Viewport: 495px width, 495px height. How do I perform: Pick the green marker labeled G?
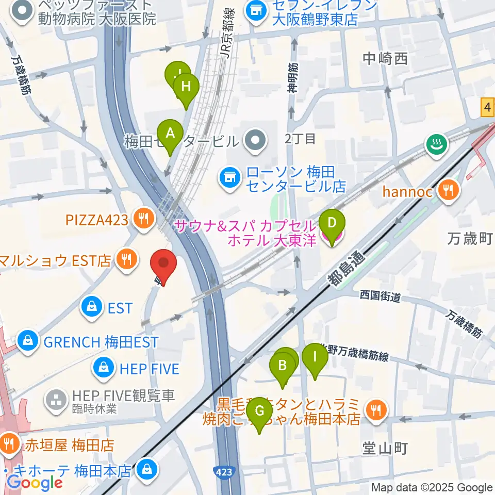(x=259, y=411)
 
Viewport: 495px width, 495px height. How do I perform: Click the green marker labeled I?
(x=315, y=356)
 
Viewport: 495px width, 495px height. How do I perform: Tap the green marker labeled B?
(x=283, y=366)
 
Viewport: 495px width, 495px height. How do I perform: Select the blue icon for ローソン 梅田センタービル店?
(x=228, y=178)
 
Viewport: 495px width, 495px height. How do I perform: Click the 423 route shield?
(x=225, y=472)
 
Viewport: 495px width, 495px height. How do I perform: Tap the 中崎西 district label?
(x=385, y=59)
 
